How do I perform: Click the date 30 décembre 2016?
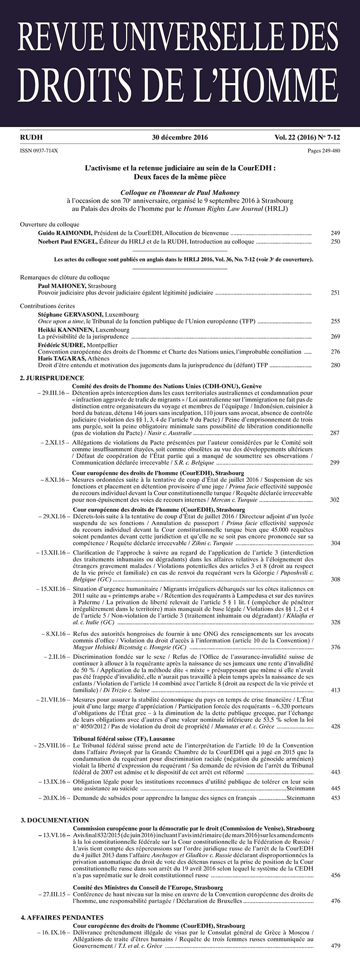(180, 137)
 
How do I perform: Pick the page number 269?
(335, 336)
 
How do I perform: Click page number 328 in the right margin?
(335, 622)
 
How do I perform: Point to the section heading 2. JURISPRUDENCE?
(52, 378)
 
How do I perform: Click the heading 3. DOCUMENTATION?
(55, 820)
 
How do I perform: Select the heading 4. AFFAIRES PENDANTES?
(62, 918)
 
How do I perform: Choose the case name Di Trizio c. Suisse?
(116, 690)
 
